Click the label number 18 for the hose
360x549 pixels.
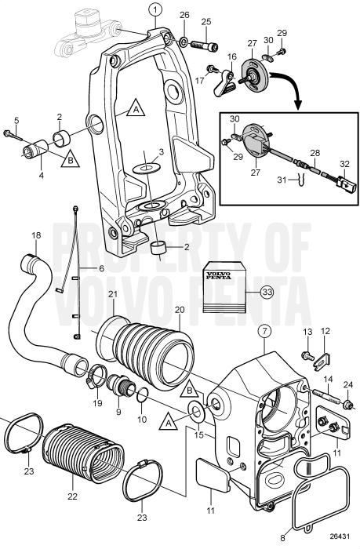[36, 235]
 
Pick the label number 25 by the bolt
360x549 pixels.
[207, 21]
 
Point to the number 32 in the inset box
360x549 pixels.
[344, 165]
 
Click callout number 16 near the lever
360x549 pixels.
[232, 57]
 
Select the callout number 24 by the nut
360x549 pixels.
[347, 384]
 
